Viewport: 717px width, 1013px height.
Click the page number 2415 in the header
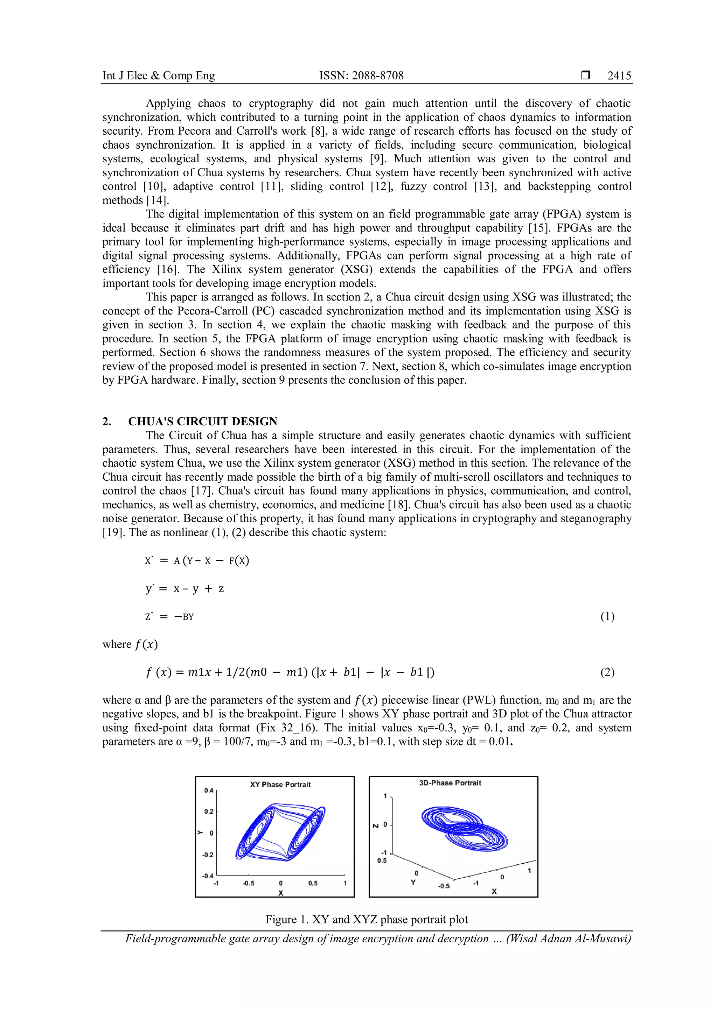[619, 76]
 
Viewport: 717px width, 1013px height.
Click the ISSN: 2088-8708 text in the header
[361, 76]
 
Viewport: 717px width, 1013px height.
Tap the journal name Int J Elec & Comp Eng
[159, 76]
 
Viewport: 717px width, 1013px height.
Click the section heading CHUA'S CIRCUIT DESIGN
[203, 422]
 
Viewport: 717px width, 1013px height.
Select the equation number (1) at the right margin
[607, 616]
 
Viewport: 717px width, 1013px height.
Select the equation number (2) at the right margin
[607, 672]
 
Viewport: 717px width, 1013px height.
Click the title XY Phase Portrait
[280, 785]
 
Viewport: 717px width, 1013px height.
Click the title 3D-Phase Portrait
[450, 783]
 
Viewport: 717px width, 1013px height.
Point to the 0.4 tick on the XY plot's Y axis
[208, 790]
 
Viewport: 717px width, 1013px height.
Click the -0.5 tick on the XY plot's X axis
[249, 883]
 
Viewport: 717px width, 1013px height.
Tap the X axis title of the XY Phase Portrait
[280, 893]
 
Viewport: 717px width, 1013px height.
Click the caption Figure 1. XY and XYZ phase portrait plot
[367, 920]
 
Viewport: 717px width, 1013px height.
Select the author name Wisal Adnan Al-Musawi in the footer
[568, 938]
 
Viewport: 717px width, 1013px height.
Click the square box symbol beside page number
[585, 76]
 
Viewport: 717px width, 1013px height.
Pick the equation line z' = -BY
[169, 616]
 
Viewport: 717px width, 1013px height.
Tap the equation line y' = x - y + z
[185, 589]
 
